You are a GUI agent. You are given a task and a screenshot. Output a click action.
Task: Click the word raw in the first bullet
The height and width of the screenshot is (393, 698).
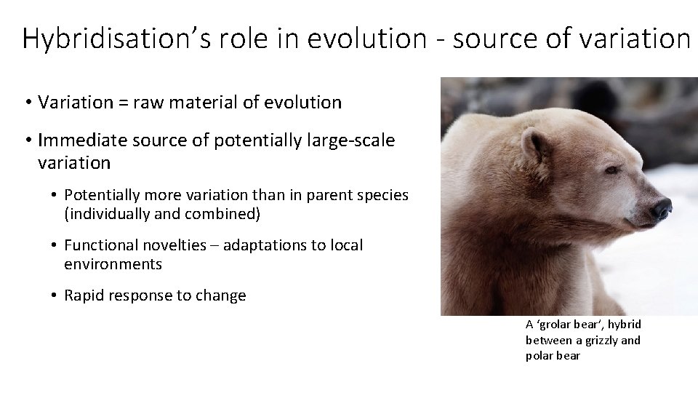coord(140,103)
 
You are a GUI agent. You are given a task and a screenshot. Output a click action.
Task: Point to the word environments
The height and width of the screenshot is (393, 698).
coord(113,264)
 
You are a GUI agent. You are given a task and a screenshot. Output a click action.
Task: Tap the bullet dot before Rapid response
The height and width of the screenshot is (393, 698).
coord(55,296)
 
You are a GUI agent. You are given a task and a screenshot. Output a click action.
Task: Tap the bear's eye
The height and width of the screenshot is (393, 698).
coord(612,169)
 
